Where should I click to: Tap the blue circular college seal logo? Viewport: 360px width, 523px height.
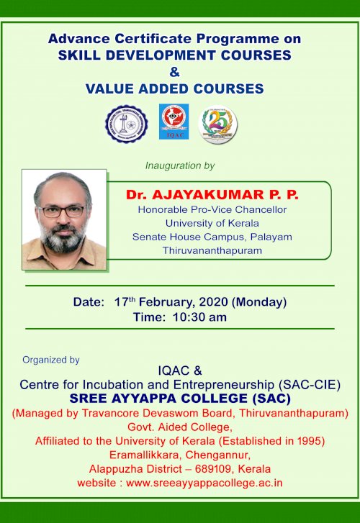point(127,122)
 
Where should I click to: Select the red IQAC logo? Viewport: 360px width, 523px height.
point(174,122)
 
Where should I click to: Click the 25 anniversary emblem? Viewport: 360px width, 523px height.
point(218,123)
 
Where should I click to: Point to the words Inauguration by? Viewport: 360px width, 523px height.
point(180,165)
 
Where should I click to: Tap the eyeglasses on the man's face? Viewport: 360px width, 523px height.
point(62,212)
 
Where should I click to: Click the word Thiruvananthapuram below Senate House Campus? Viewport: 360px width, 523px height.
point(212,250)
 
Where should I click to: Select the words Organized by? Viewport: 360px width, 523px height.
point(51,360)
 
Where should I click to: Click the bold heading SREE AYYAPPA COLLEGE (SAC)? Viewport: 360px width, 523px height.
point(180,399)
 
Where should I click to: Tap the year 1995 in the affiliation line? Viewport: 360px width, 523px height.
point(310,440)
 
